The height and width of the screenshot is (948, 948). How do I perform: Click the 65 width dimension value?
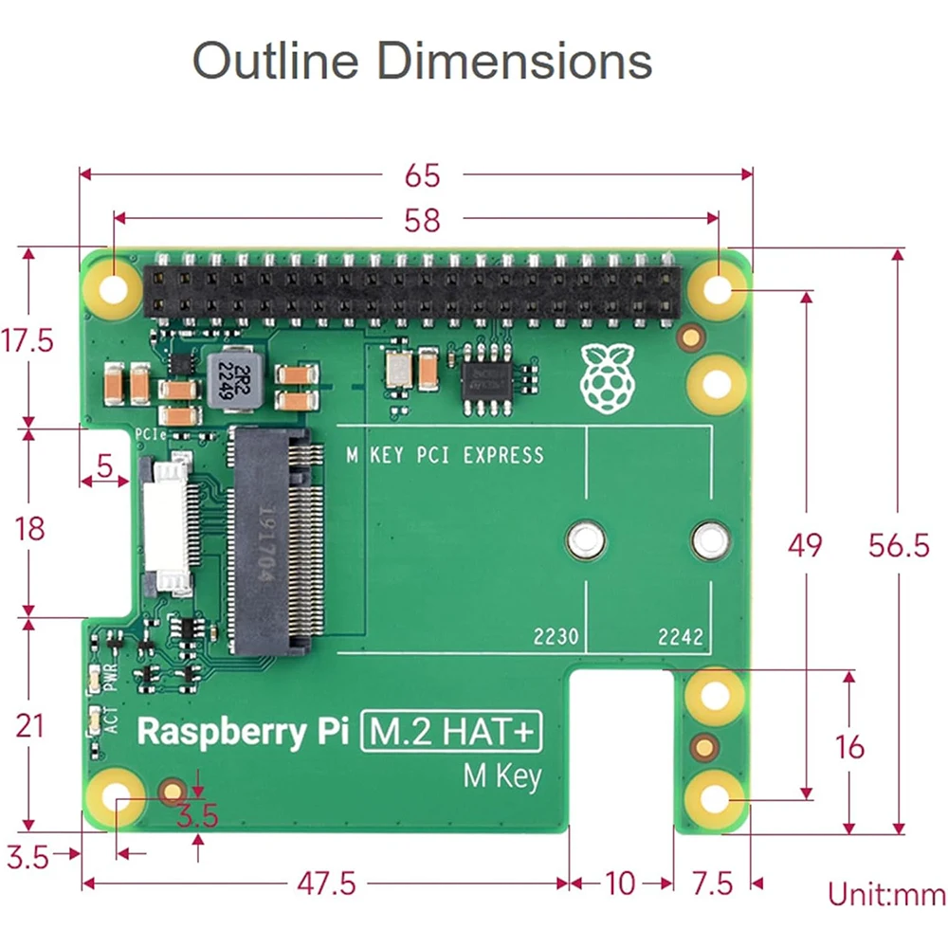tap(422, 175)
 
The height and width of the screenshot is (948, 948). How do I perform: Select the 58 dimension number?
tap(422, 220)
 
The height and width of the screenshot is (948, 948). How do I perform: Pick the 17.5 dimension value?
tap(28, 340)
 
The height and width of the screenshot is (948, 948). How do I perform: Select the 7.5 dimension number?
tap(712, 884)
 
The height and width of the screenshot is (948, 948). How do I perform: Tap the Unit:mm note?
tap(885, 894)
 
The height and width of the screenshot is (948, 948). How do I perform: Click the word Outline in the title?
tap(276, 62)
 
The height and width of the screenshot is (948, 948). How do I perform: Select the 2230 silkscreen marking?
tap(556, 637)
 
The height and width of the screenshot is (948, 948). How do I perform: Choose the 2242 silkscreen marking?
tap(681, 637)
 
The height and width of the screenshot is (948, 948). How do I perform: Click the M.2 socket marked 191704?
tap(271, 541)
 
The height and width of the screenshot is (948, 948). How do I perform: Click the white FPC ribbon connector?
tap(167, 527)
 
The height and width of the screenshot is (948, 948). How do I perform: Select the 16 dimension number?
tap(850, 747)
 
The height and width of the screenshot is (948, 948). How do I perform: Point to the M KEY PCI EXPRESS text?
tap(445, 455)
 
